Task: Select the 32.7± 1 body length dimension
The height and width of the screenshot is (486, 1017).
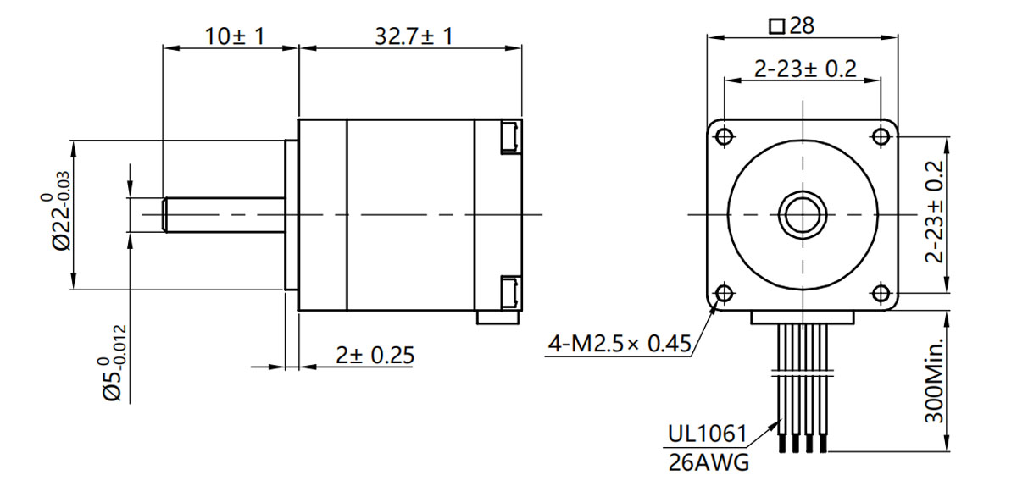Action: [x=413, y=36]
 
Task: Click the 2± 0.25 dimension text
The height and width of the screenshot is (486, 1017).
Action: [x=374, y=356]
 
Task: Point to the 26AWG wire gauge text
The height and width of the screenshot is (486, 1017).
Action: [x=708, y=463]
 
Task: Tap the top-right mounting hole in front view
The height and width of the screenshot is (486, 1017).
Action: [x=881, y=136]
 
